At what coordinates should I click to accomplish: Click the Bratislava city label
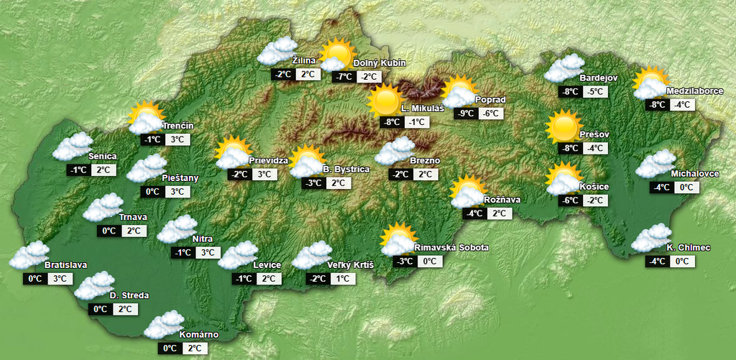pyautogui.click(x=65, y=265)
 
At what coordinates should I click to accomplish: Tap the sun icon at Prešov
pyautogui.click(x=563, y=126)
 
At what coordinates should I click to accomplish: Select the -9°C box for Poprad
pyautogui.click(x=466, y=114)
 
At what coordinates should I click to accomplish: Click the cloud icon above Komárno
pyautogui.click(x=165, y=325)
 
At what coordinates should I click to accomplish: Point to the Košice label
pyautogui.click(x=594, y=188)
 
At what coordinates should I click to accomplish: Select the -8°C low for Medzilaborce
pyautogui.click(x=657, y=105)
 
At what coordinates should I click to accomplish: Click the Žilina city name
pyautogui.click(x=305, y=60)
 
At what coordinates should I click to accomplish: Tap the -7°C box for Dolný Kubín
pyautogui.click(x=344, y=78)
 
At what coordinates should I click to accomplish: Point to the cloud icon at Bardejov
pyautogui.click(x=564, y=70)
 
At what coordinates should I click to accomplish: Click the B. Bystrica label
pyautogui.click(x=346, y=170)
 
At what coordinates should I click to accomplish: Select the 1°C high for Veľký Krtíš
pyautogui.click(x=342, y=279)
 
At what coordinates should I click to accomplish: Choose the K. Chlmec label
pyautogui.click(x=689, y=248)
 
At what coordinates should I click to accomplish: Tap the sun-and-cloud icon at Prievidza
pyautogui.click(x=233, y=153)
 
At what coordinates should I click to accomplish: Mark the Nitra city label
pyautogui.click(x=203, y=239)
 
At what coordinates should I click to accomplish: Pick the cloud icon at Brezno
pyautogui.click(x=394, y=152)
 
